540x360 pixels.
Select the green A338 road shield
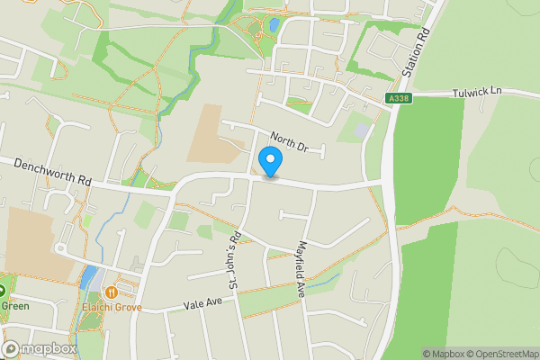click(400, 98)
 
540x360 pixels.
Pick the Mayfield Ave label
click(301, 266)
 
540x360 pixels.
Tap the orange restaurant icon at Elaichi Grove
click(112, 292)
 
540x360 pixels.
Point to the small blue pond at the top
click(271, 25)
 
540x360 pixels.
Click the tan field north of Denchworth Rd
click(206, 135)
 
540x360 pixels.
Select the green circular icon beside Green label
click(2, 291)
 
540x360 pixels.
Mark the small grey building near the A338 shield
click(362, 130)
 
